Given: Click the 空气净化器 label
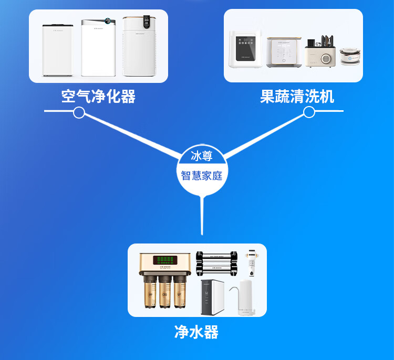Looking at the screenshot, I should click(98, 97).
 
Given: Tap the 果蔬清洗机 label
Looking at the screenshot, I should click(297, 97).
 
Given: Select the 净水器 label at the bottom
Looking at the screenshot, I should click(196, 332).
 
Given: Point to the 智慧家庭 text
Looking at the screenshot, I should click(201, 175).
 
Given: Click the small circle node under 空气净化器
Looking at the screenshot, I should click(79, 112).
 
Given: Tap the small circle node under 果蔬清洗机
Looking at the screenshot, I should click(309, 112).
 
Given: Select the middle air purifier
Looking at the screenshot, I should click(98, 48).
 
